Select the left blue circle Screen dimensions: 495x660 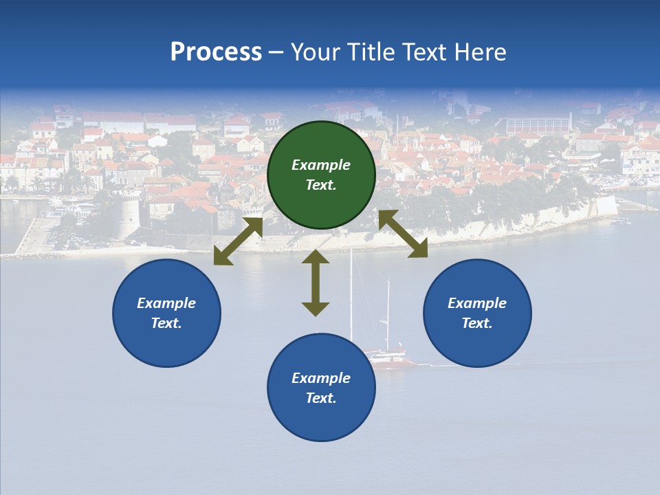click(166, 313)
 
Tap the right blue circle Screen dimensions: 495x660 click(477, 313)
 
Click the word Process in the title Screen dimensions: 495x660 click(216, 52)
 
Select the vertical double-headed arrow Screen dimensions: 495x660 click(316, 283)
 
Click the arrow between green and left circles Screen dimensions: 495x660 click(238, 241)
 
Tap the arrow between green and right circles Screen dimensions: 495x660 click(403, 234)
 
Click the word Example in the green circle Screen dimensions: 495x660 click(321, 165)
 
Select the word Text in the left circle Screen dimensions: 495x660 click(166, 323)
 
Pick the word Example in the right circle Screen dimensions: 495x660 click(477, 303)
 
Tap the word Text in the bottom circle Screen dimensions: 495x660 click(321, 398)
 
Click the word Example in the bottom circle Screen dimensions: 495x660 click(321, 378)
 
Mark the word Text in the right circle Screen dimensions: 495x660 click(477, 323)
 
